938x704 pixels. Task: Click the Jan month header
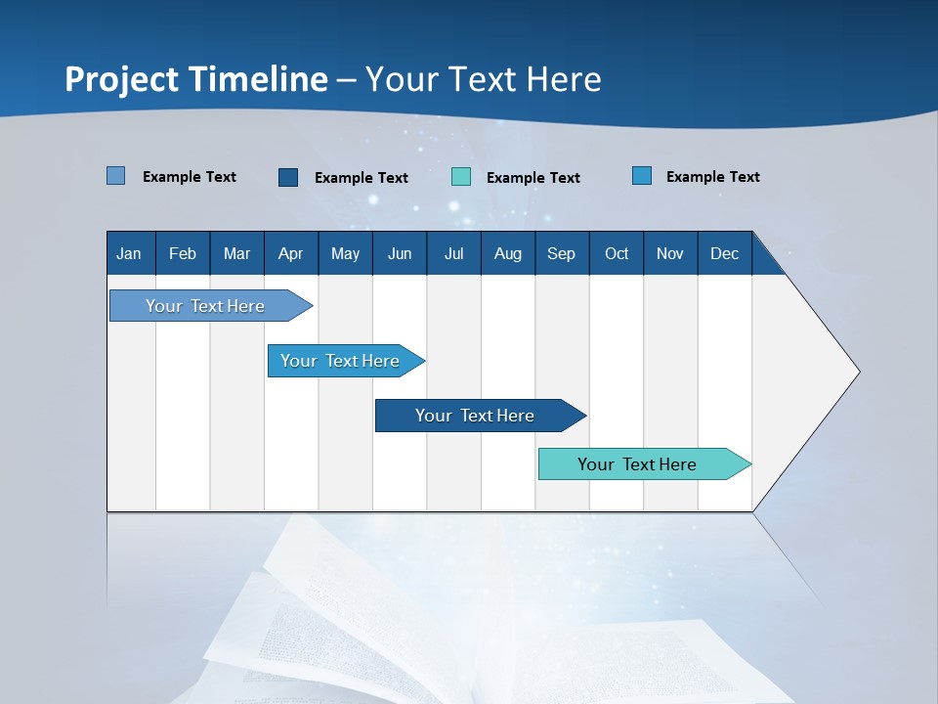point(129,254)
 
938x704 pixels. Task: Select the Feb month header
point(183,254)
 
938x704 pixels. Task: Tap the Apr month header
point(290,254)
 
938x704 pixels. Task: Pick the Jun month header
point(400,254)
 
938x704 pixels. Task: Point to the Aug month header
point(508,254)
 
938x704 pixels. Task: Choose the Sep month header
point(561,254)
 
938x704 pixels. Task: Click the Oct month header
point(617,254)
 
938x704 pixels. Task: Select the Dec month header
point(725,254)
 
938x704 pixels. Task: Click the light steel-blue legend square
point(116,176)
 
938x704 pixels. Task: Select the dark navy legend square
point(288,177)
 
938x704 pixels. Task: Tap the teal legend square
point(461,177)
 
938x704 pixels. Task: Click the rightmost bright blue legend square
point(642,176)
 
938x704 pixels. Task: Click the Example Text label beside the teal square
point(533,178)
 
